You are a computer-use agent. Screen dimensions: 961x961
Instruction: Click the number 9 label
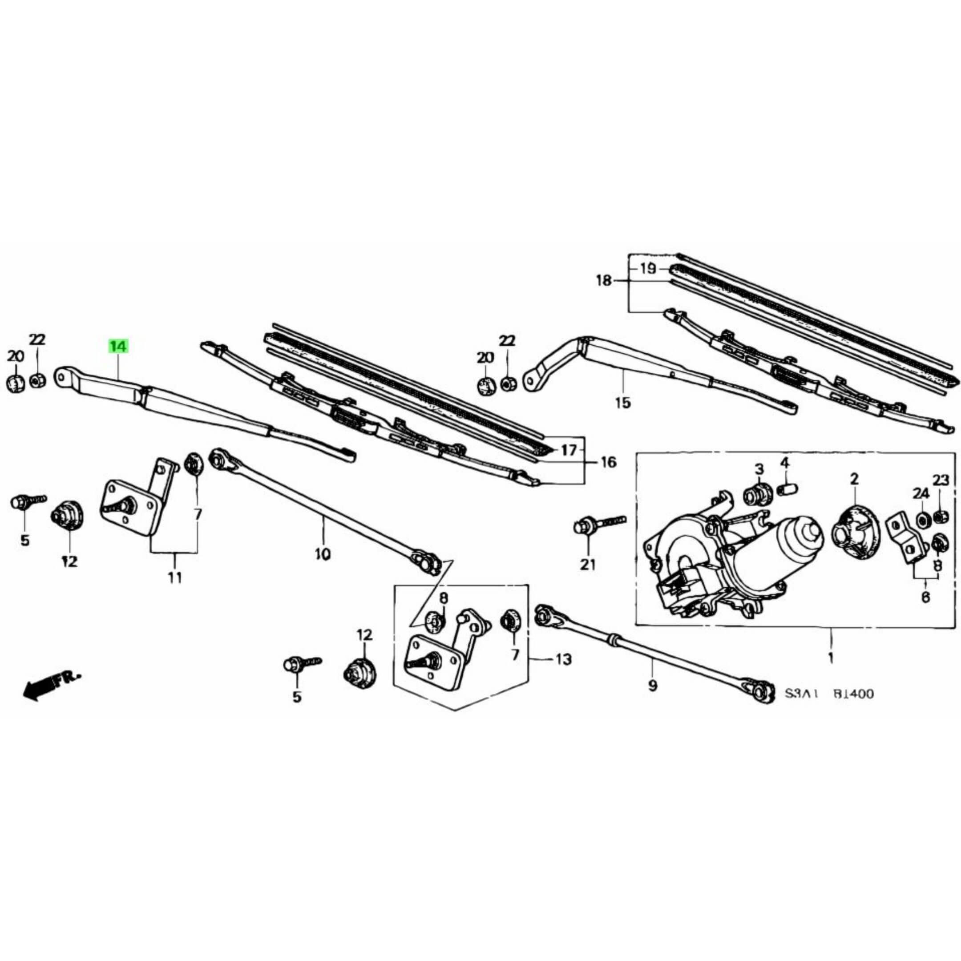(x=653, y=686)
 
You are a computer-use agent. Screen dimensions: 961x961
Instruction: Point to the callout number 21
(x=587, y=565)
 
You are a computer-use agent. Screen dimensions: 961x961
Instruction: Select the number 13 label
(x=563, y=659)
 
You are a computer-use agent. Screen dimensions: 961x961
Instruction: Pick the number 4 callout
(x=784, y=463)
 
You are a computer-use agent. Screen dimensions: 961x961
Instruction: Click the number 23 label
(x=941, y=480)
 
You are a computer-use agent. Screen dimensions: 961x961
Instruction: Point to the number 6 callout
(x=925, y=596)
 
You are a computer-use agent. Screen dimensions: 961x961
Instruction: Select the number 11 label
(x=174, y=577)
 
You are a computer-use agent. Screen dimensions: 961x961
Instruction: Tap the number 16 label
(x=608, y=463)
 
